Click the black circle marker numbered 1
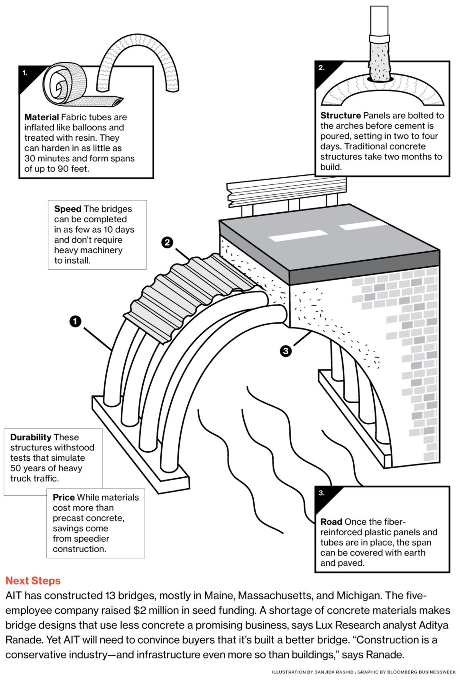pyautogui.click(x=76, y=321)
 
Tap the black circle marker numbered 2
pyautogui.click(x=167, y=242)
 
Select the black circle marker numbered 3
pyautogui.click(x=286, y=351)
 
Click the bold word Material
pyautogui.click(x=41, y=117)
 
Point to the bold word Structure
pyautogui.click(x=340, y=115)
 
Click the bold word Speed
pyautogui.click(x=67, y=209)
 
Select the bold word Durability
pyautogui.click(x=31, y=437)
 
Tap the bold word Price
pyautogui.click(x=64, y=497)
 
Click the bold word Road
pyautogui.click(x=331, y=522)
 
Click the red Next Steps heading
pyautogui.click(x=33, y=581)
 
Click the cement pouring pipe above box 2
pyautogui.click(x=379, y=42)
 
